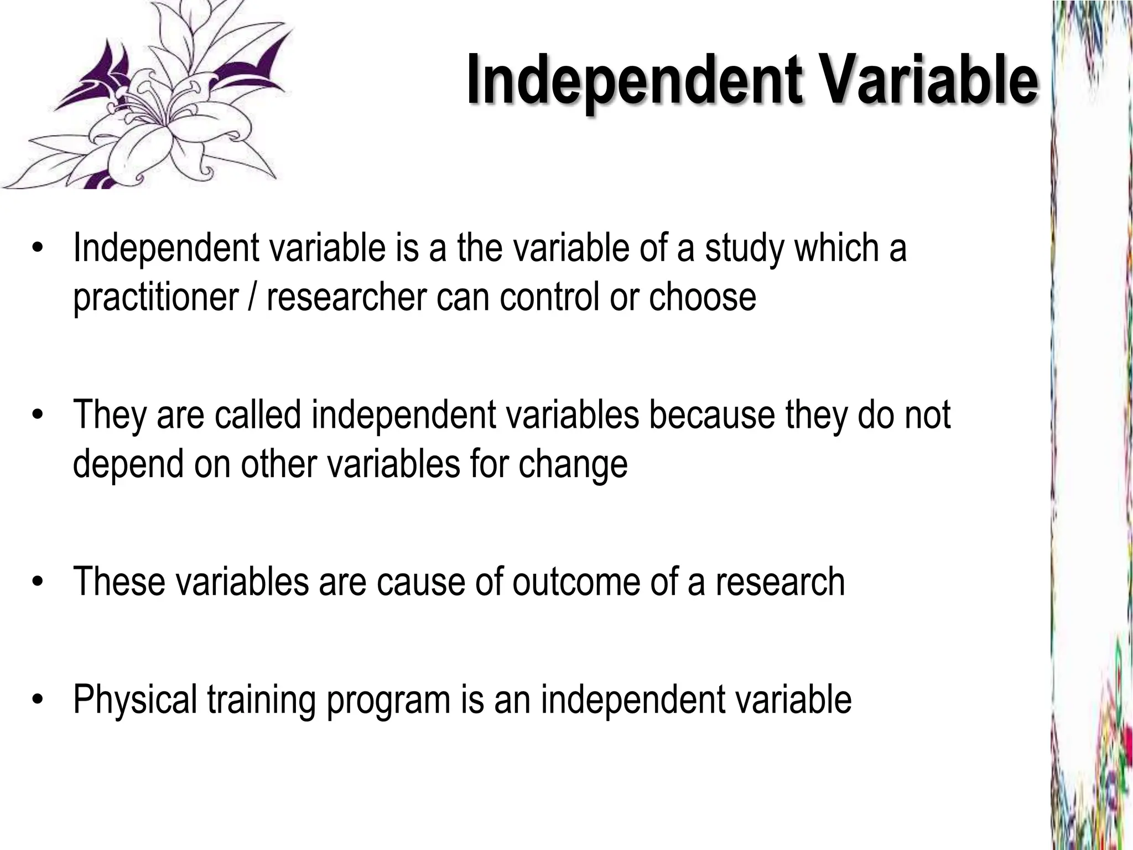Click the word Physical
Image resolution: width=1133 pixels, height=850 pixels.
coord(135,699)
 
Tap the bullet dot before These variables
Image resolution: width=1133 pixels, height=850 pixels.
coord(37,583)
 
